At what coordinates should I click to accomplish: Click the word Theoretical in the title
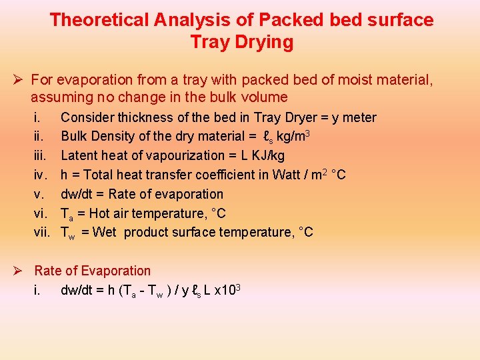(x=99, y=20)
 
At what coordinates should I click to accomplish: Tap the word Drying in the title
(x=267, y=43)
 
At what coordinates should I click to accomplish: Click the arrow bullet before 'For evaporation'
(x=20, y=81)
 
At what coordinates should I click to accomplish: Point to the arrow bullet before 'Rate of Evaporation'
(x=20, y=271)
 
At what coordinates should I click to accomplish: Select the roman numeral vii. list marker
(x=43, y=233)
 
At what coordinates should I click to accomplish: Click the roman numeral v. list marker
(x=39, y=194)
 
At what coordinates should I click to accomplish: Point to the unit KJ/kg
(x=267, y=155)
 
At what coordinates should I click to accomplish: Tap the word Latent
(x=79, y=155)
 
